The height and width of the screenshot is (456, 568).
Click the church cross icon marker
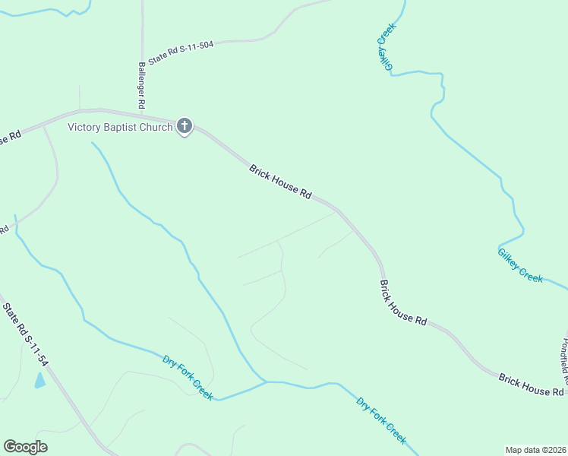point(185,126)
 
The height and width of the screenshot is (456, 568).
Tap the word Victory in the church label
point(84,127)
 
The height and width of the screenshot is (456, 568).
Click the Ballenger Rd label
point(141,84)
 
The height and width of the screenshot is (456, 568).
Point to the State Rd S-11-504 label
point(181,52)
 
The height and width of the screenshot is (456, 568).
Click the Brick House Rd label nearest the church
point(280,182)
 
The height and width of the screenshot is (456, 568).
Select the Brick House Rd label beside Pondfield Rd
point(532,384)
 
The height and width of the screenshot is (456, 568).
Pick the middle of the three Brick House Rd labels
point(403,302)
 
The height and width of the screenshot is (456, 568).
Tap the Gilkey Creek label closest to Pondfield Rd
point(520,266)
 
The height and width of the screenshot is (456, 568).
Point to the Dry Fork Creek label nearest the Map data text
point(381,420)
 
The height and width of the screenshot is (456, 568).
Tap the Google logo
point(25,447)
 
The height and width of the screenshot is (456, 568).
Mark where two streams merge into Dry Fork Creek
point(265,381)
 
